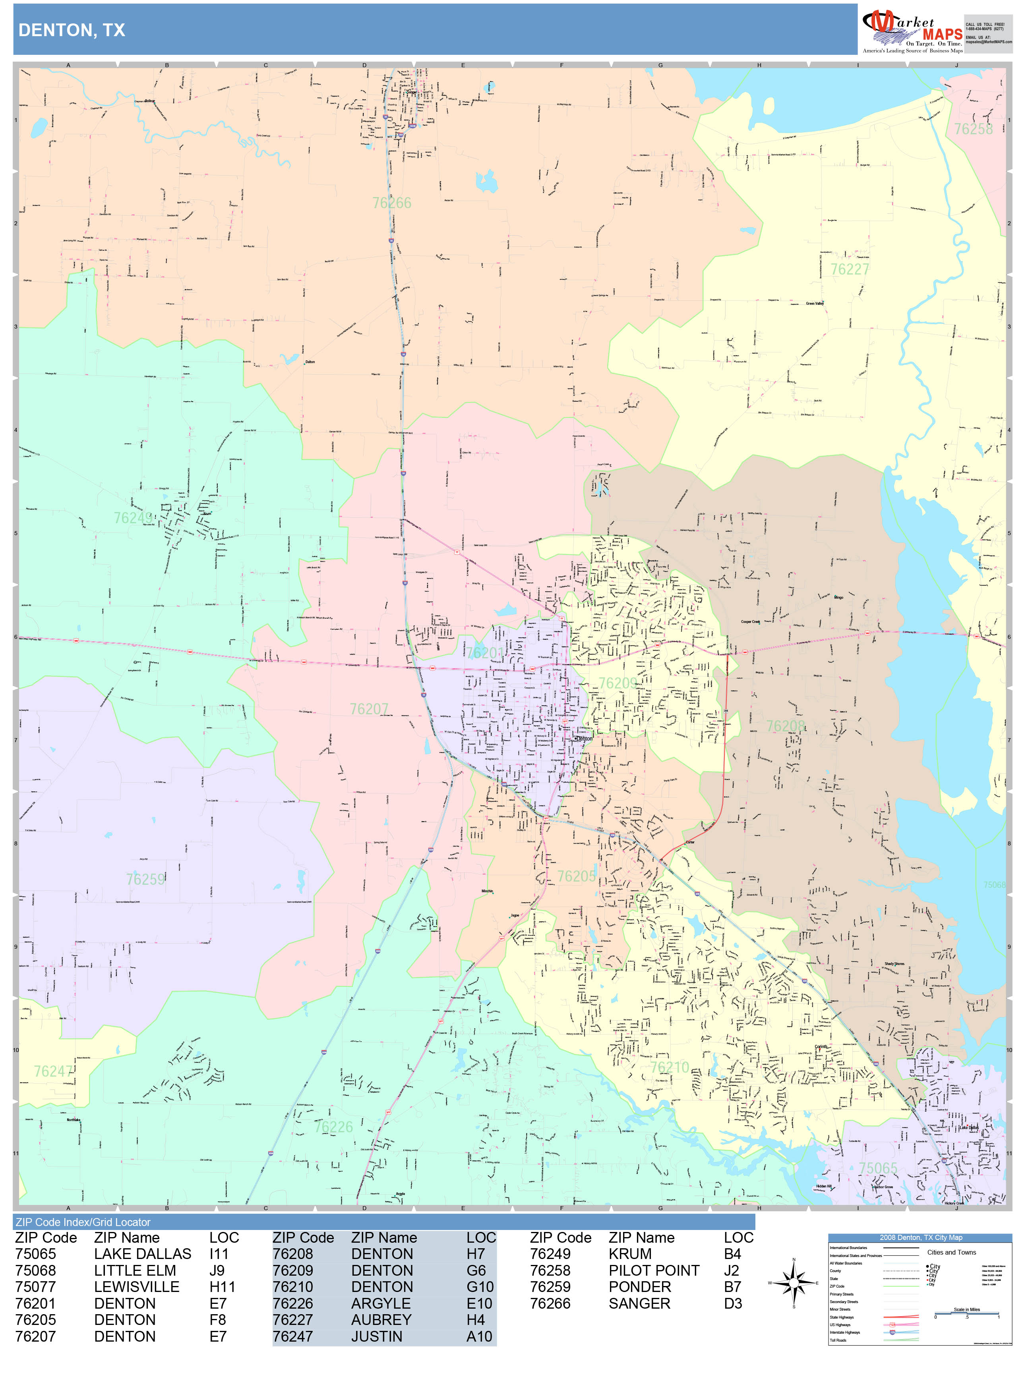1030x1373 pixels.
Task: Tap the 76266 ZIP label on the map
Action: tap(392, 203)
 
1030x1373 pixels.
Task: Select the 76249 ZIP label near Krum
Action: tap(132, 518)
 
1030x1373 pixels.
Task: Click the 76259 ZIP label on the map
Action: tap(145, 879)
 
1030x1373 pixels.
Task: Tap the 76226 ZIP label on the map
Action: tap(333, 1127)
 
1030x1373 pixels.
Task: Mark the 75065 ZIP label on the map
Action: tap(878, 1168)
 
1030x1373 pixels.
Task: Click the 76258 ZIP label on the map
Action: tap(973, 129)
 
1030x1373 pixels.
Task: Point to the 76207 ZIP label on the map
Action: tap(369, 709)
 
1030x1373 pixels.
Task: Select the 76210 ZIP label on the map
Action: tap(669, 1067)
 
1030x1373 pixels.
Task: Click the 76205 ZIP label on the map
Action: tap(576, 876)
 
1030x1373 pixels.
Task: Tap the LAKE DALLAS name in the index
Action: tap(142, 1254)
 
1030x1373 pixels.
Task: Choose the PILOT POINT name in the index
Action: tap(653, 1271)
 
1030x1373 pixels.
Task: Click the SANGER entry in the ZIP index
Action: tap(639, 1303)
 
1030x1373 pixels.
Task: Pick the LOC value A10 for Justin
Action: tap(479, 1336)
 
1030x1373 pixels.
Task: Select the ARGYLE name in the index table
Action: tap(381, 1303)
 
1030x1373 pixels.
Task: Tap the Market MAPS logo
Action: tap(912, 30)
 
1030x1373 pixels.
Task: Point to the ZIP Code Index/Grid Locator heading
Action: tap(83, 1222)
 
